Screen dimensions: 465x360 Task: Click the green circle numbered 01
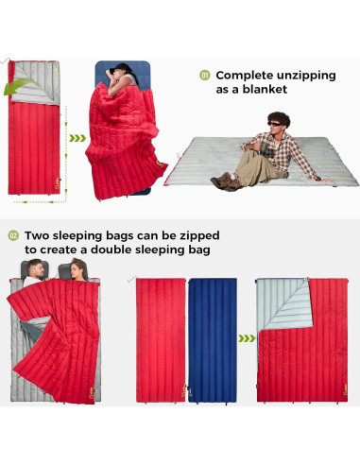203,75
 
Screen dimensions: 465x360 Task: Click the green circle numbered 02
13,235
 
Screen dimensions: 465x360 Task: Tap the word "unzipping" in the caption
309,75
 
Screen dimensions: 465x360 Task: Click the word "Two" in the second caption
38,235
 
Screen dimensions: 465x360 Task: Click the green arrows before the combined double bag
246,336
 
